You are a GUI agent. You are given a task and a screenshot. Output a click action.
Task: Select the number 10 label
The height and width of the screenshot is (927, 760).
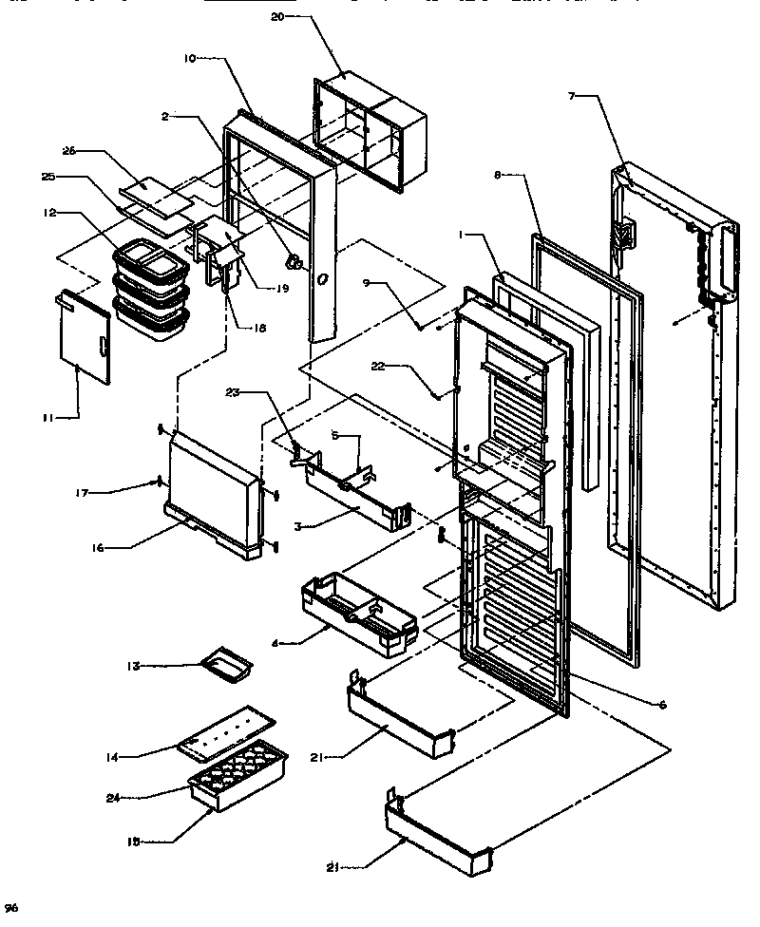coord(189,58)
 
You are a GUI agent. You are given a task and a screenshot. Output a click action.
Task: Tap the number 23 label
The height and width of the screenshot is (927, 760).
coord(234,392)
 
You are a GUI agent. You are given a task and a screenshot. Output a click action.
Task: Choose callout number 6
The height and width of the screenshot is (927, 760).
coord(662,705)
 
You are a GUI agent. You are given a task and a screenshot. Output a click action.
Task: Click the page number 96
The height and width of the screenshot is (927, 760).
coord(10,909)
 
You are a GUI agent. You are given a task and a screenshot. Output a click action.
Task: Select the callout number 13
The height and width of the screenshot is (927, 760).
coord(136,667)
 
